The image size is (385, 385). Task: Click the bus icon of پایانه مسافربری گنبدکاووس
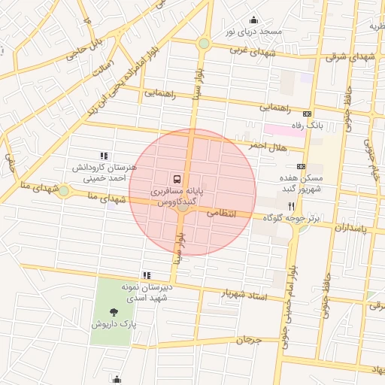[x=177, y=179]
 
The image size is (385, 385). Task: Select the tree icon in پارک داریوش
[x=114, y=311]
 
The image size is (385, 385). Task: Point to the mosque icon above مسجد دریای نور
[x=253, y=20]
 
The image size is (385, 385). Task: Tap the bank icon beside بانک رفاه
[x=306, y=114]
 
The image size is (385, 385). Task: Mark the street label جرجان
[x=248, y=340]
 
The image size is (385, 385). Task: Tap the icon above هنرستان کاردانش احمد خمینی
[x=103, y=155]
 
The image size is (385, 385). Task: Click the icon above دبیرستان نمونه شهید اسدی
[x=146, y=275]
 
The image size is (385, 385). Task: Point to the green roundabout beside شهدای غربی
[x=204, y=44]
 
